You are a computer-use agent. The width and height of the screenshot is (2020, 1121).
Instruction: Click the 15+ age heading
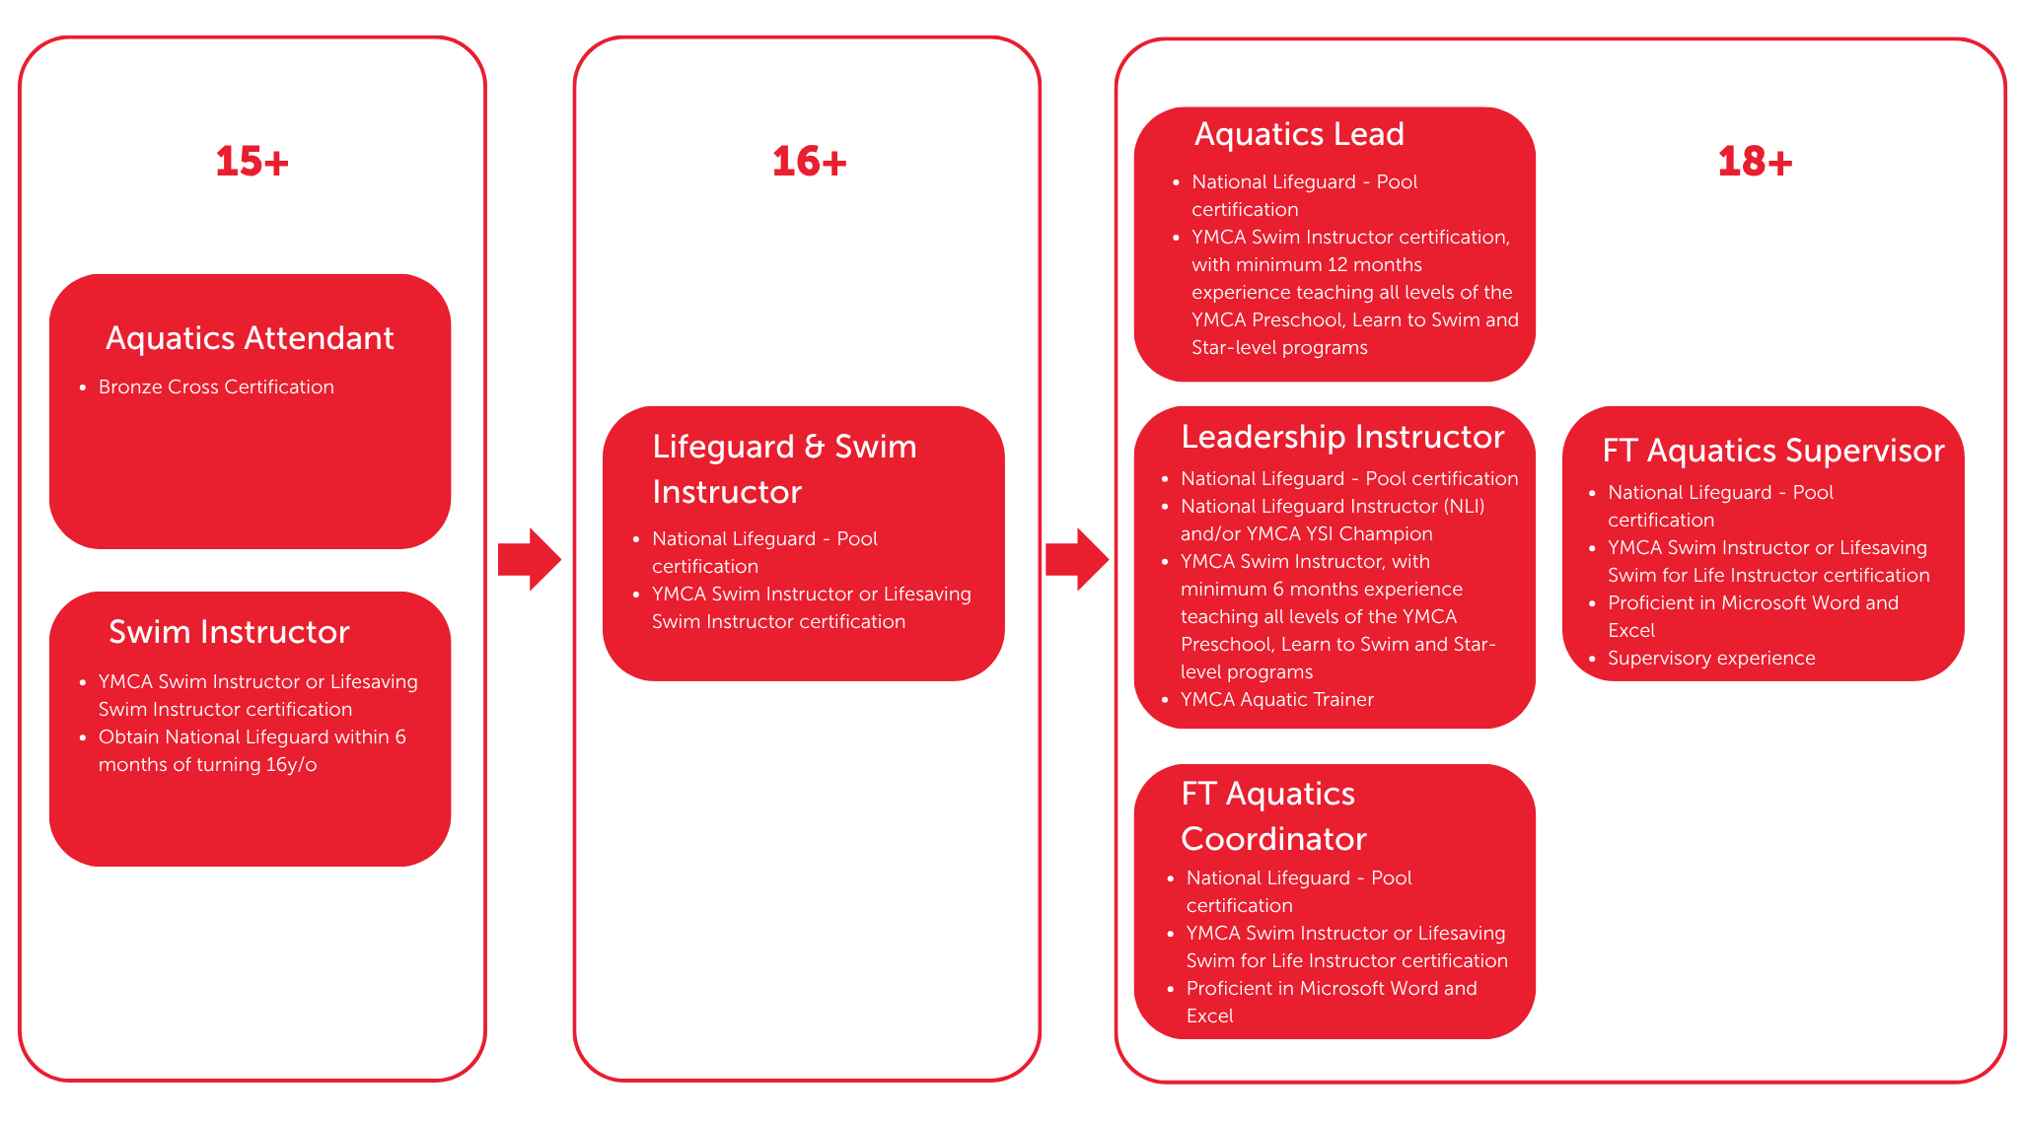tap(252, 162)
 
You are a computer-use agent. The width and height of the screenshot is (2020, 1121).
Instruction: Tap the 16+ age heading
tap(809, 162)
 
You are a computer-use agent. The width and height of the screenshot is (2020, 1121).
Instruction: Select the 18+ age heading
tap(1755, 162)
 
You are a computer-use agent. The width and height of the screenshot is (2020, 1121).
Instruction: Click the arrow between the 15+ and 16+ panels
tap(530, 559)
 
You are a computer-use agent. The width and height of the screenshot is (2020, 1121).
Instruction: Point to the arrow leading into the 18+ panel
tap(1077, 559)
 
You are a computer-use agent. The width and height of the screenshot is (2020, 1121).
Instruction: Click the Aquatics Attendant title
tap(250, 338)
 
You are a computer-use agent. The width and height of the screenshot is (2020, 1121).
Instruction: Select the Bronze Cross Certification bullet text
tap(216, 386)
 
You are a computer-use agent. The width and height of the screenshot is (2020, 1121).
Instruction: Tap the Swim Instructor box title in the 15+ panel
tap(229, 632)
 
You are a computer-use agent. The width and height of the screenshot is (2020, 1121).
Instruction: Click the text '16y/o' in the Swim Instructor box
tap(291, 764)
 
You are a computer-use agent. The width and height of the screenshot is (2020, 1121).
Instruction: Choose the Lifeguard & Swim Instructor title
tap(784, 469)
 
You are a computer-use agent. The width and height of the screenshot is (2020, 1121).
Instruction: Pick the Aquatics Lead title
tap(1299, 134)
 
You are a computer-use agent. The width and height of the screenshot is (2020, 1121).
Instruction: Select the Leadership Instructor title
tap(1342, 437)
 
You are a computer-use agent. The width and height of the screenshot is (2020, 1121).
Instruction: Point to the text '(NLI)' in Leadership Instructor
tap(1464, 506)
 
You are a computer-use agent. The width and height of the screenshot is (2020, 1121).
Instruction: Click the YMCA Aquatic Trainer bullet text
tap(1276, 699)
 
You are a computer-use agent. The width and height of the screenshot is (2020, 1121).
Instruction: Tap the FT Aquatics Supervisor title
tap(1772, 451)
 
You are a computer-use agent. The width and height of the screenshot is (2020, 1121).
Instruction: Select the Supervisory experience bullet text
tap(1710, 658)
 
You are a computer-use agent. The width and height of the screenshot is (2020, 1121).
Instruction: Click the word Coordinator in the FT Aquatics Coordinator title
tap(1273, 839)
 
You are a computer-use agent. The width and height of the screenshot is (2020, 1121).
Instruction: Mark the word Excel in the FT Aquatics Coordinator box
tap(1209, 1016)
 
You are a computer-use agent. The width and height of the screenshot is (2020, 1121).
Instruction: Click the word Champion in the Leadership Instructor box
tap(1386, 533)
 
